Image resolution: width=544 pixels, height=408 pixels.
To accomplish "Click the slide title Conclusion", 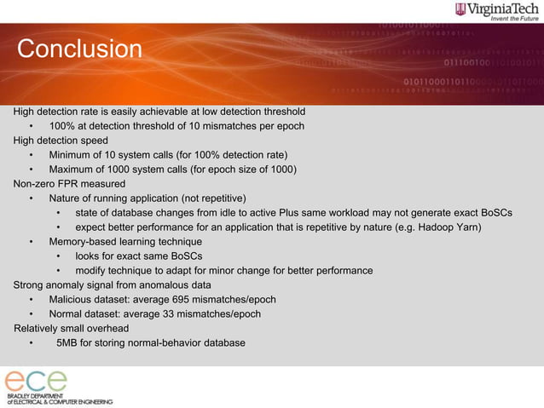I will click(80, 49).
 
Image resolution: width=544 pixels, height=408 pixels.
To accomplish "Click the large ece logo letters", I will click(36, 380).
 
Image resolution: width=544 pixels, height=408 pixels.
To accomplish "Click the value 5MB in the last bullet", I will click(67, 343).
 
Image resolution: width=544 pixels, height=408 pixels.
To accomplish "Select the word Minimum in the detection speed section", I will click(72, 155).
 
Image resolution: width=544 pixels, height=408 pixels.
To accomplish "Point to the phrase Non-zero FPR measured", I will click(70, 184).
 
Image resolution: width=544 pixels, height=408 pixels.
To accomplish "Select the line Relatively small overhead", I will click(71, 329).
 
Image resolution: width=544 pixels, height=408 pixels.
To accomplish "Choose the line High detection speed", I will click(61, 141).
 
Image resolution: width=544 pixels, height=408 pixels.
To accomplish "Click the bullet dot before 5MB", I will click(31, 343).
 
